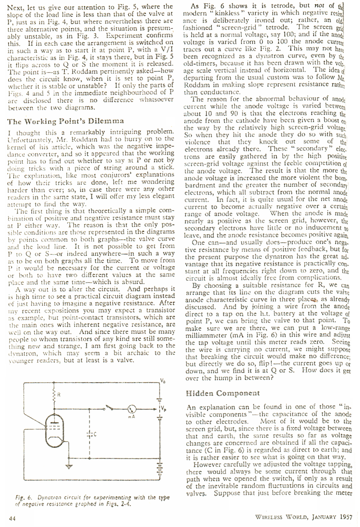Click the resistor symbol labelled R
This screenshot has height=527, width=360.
click(54, 397)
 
